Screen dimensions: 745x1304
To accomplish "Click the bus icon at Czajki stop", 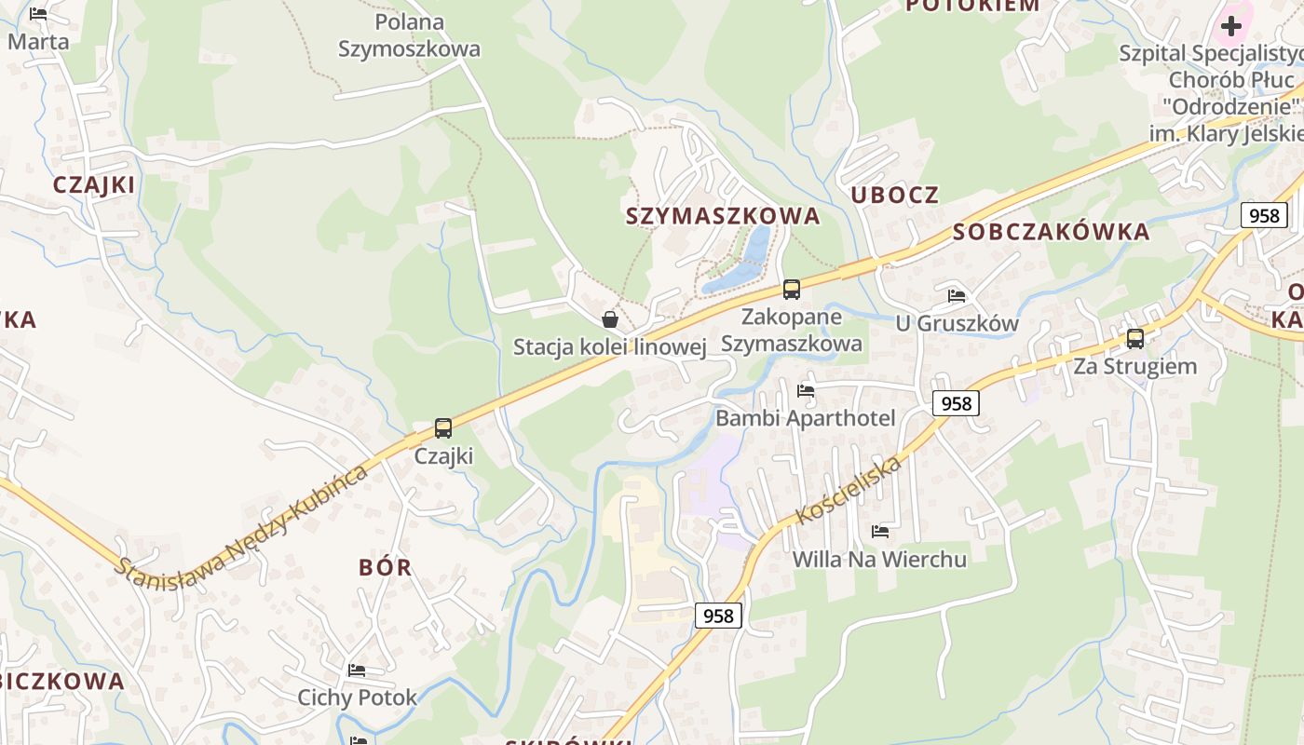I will point(443,428).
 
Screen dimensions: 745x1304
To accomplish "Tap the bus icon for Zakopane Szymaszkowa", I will point(792,290).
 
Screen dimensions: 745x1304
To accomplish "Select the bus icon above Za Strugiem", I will point(1135,339).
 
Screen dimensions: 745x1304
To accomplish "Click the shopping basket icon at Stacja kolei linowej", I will point(610,319).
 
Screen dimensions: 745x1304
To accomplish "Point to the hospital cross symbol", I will point(1231,26).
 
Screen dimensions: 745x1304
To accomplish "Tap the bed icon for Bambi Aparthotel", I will point(806,390).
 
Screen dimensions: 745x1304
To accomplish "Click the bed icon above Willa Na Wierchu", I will point(879,532).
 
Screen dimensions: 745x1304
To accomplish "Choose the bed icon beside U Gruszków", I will point(957,296).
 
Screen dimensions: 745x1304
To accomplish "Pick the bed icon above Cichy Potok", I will point(357,670).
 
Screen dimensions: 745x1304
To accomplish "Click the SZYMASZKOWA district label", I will point(723,216).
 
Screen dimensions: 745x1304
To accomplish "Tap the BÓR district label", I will point(385,567).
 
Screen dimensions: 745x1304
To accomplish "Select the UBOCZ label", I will point(895,195).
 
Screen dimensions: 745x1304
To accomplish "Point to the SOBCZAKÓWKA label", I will point(1052,232).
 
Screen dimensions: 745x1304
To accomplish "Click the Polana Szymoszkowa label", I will point(409,35).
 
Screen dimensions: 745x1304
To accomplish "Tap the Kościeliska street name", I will point(849,491).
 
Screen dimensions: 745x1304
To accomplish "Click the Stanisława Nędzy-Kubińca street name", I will point(242,520).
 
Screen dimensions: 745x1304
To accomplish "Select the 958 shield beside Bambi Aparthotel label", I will point(956,403).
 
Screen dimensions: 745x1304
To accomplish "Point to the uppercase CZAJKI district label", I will point(94,184).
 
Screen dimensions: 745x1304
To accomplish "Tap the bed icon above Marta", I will point(38,14).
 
